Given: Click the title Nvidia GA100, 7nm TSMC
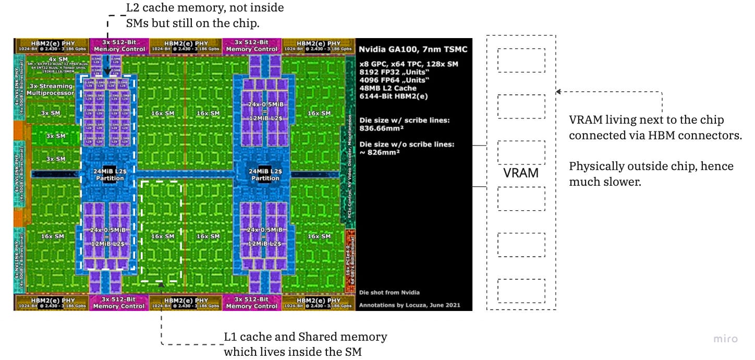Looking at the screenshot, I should coord(413,50).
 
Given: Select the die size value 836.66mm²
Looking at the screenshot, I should coord(382,127).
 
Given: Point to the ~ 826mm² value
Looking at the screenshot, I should coord(380,152).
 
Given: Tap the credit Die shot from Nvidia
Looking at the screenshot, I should coord(389,292).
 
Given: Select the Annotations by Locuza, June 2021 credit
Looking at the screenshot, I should coord(410,305).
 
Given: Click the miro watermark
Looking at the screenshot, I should coord(726,339).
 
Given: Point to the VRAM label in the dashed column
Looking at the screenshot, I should coord(521,173).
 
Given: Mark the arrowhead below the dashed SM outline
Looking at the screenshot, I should coord(161,285).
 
